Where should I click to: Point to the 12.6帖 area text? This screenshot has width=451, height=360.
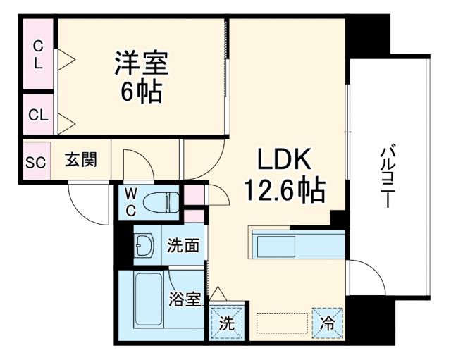284,189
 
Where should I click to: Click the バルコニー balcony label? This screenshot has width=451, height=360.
386,177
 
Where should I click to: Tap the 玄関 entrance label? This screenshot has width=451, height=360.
82,160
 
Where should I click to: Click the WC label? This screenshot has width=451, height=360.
131,201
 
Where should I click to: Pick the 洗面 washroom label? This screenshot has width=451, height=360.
183,246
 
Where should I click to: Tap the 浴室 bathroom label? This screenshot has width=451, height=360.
185,299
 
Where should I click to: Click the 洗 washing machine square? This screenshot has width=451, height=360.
227,323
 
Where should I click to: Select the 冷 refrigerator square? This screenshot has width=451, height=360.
327,323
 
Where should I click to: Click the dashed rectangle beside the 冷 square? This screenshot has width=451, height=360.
283,323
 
